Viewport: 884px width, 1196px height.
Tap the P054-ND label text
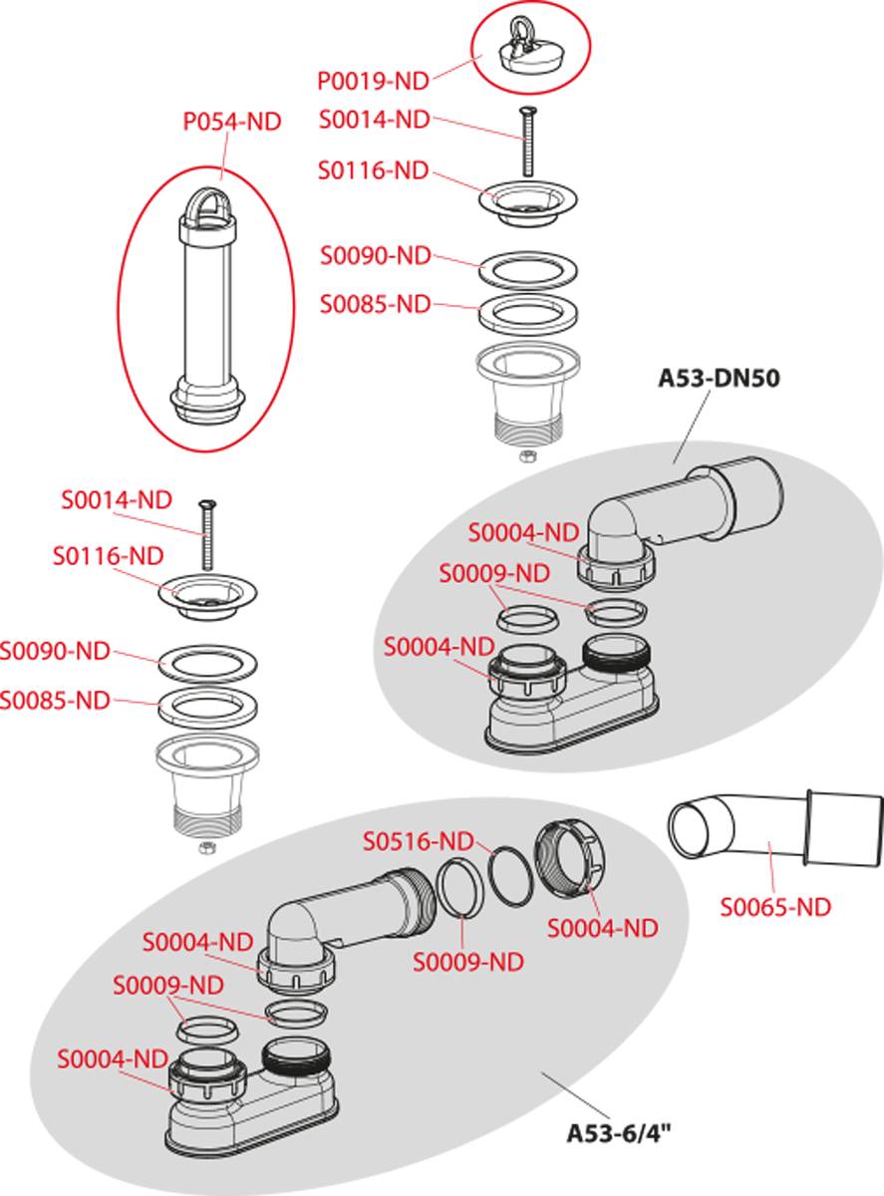(x=231, y=122)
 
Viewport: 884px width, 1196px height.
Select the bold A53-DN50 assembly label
(x=718, y=378)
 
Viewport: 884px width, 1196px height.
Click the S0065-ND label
(x=775, y=906)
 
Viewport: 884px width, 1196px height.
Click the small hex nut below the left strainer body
(x=207, y=847)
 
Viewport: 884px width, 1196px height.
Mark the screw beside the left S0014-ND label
(x=207, y=532)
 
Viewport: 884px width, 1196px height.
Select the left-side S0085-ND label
(x=55, y=700)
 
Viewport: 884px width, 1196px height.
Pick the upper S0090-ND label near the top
(x=375, y=256)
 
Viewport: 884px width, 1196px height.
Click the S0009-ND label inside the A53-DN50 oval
(x=494, y=574)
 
